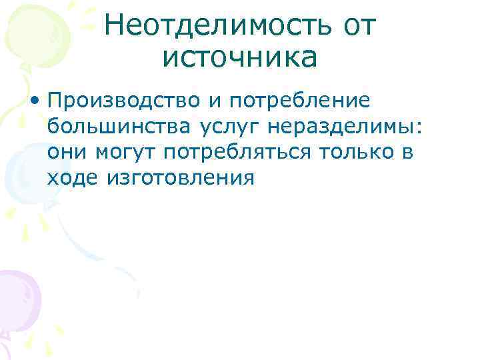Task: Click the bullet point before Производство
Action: pos(34,101)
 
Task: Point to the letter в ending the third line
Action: pos(408,152)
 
